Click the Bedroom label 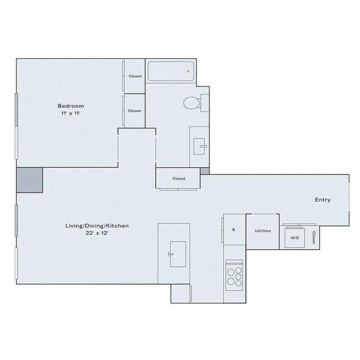pyautogui.click(x=71, y=106)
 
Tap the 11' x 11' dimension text pyautogui.click(x=71, y=114)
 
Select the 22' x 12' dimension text pyautogui.click(x=93, y=233)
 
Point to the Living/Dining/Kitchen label pyautogui.click(x=93, y=225)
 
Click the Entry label pyautogui.click(x=322, y=200)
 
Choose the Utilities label pyautogui.click(x=263, y=230)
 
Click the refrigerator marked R pyautogui.click(x=234, y=230)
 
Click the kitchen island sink pyautogui.click(x=174, y=250)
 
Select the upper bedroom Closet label pyautogui.click(x=135, y=76)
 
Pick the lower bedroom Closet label pyautogui.click(x=135, y=111)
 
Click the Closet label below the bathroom pyautogui.click(x=178, y=178)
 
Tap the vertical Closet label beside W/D pyautogui.click(x=313, y=237)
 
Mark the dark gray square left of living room pyautogui.click(x=29, y=180)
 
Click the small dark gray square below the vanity pyautogui.click(x=205, y=171)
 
